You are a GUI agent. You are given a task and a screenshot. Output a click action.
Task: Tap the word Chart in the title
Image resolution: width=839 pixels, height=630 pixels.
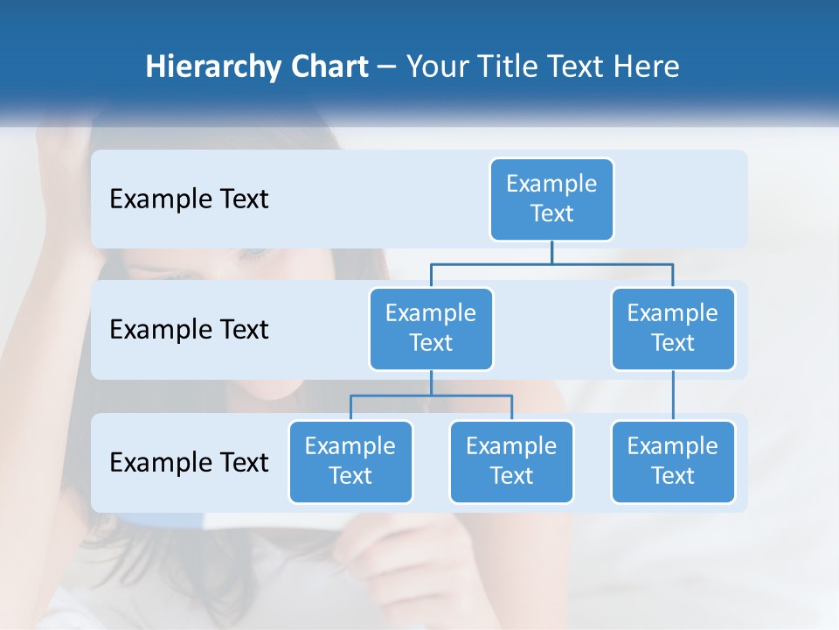tap(329, 67)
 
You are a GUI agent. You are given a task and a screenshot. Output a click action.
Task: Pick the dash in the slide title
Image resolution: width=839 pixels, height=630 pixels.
tap(387, 68)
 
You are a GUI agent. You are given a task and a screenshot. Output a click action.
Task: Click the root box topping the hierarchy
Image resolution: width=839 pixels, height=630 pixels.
tap(551, 199)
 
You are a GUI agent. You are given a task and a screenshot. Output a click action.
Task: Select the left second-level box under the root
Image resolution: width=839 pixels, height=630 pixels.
tap(431, 329)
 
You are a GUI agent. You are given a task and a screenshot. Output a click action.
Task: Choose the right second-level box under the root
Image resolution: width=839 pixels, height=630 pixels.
tap(673, 329)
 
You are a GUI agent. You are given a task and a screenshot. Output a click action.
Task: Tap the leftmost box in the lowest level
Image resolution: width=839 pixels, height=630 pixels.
tap(350, 462)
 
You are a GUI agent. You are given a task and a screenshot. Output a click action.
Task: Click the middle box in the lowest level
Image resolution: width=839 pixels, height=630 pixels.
tap(511, 462)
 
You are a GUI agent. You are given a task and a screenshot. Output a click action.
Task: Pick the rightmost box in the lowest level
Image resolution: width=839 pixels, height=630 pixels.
tap(673, 462)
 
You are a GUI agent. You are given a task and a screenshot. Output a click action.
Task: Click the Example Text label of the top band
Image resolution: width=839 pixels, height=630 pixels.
tap(189, 199)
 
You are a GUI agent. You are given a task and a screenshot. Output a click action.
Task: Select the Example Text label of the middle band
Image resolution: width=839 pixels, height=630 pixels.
tap(189, 330)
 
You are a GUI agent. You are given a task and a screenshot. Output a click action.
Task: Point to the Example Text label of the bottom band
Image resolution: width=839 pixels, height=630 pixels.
tap(189, 462)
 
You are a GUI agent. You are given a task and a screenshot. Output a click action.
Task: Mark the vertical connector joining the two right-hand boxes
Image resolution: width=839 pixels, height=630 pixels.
tap(673, 395)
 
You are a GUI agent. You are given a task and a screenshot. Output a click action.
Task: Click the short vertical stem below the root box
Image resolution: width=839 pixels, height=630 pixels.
tap(551, 253)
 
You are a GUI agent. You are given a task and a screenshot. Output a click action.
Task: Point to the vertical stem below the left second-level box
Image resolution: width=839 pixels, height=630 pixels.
tap(431, 383)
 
